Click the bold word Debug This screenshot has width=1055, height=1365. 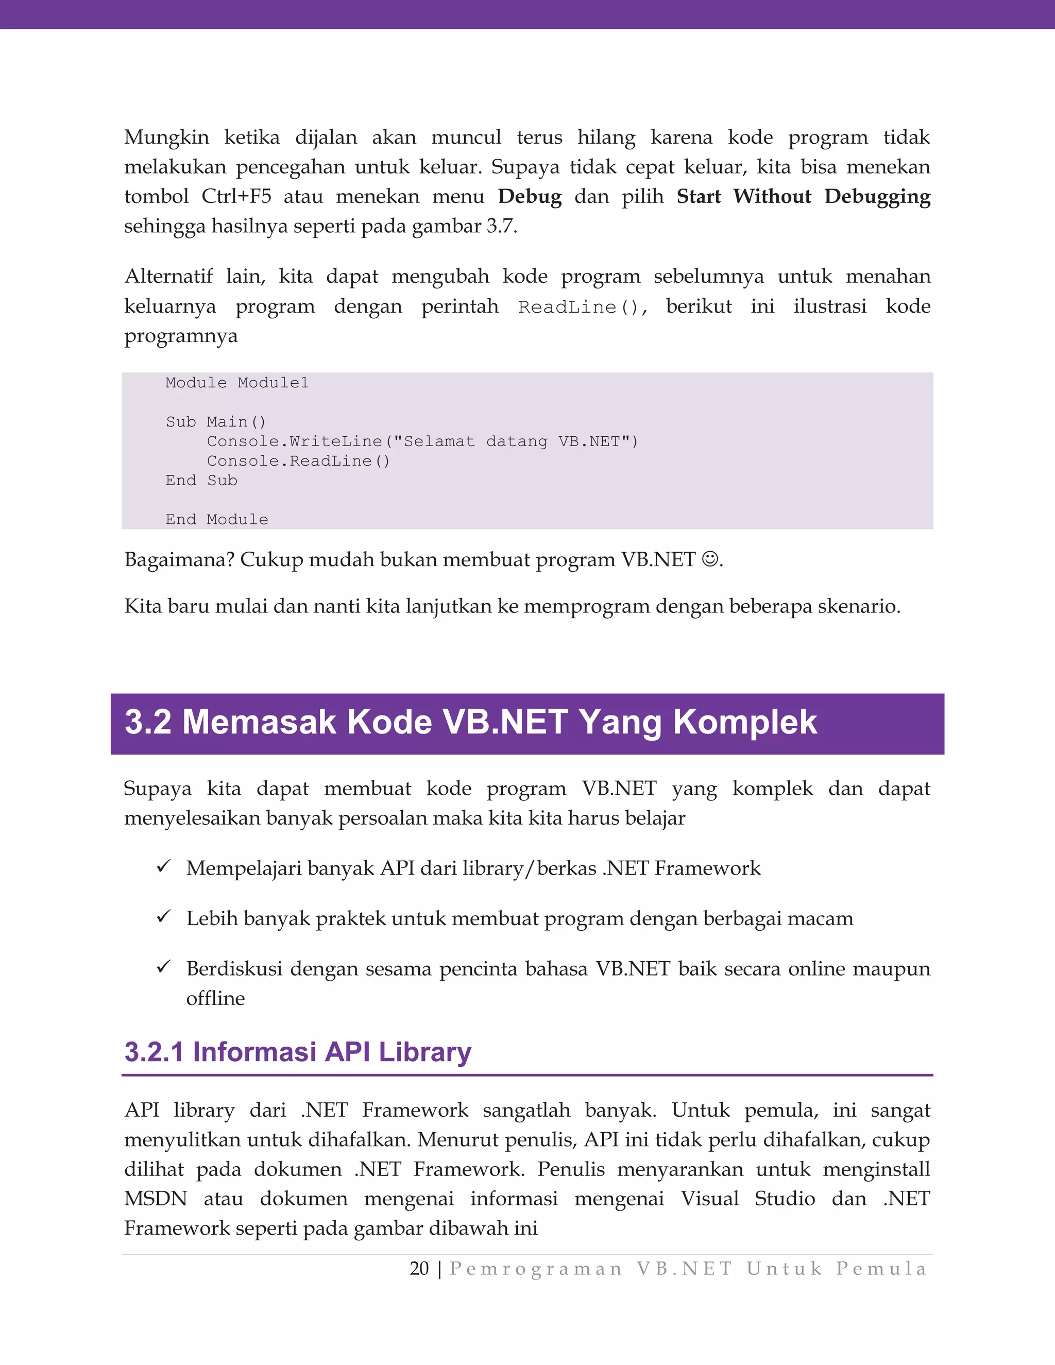pyautogui.click(x=530, y=196)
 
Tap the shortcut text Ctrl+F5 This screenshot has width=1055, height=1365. pyautogui.click(x=236, y=196)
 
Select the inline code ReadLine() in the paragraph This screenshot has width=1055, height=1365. pyautogui.click(x=581, y=307)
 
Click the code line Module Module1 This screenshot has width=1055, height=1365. pyautogui.click(x=237, y=383)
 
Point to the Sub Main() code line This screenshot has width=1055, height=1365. pyautogui.click(x=216, y=422)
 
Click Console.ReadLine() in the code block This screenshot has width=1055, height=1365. pyautogui.click(x=298, y=461)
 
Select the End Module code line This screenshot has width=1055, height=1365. pyautogui.click(x=216, y=519)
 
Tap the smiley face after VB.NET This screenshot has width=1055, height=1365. pyautogui.click(x=710, y=558)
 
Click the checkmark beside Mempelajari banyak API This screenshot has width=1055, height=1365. pyautogui.click(x=164, y=867)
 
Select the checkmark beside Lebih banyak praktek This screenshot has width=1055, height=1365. pyautogui.click(x=164, y=917)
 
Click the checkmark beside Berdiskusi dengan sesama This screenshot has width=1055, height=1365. pyautogui.click(x=164, y=967)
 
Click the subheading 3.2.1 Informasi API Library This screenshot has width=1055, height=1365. pyautogui.click(x=298, y=1052)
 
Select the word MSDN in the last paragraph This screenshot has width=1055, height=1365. pyautogui.click(x=156, y=1198)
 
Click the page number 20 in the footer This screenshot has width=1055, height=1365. pyautogui.click(x=419, y=1268)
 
